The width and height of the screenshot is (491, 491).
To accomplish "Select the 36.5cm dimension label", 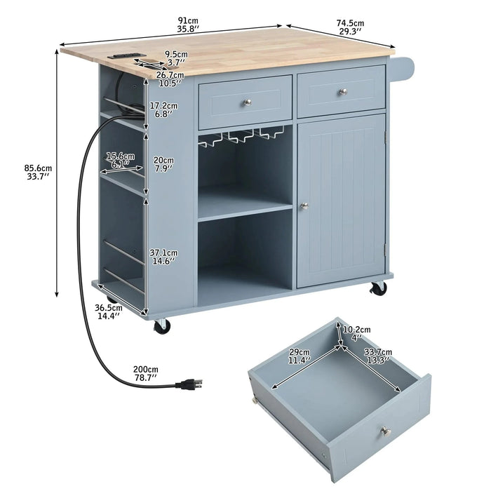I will tap(109, 312).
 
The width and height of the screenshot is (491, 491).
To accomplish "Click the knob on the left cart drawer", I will tap(247, 102).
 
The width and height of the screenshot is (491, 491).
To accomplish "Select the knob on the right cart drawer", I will tap(343, 93).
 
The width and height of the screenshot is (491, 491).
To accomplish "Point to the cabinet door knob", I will tap(304, 206).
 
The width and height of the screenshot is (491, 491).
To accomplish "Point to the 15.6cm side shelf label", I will tap(117, 160).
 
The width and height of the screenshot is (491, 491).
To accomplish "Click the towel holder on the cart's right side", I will tap(406, 67).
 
